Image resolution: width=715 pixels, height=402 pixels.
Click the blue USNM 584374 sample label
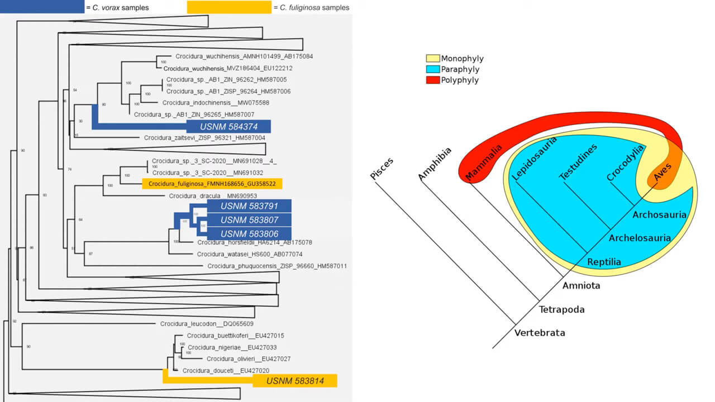228,127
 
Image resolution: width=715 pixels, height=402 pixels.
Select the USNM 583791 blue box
249,206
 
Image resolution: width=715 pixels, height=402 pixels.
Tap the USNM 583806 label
249,233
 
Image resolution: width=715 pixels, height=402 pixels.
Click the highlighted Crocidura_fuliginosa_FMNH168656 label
212,183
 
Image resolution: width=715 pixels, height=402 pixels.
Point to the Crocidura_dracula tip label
212,196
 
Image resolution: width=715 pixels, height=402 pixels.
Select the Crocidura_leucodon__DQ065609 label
207,324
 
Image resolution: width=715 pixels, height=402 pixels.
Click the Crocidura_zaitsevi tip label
204,137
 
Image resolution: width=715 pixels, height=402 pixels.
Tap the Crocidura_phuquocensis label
277,266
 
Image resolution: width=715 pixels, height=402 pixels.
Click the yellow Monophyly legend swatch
433,59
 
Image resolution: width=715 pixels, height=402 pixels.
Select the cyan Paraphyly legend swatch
433,70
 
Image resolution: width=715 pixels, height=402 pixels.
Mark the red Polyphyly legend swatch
433,80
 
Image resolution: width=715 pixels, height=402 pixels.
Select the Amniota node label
581,285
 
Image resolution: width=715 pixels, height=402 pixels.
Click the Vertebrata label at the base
540,333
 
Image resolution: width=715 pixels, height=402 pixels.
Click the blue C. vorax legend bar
42,7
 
